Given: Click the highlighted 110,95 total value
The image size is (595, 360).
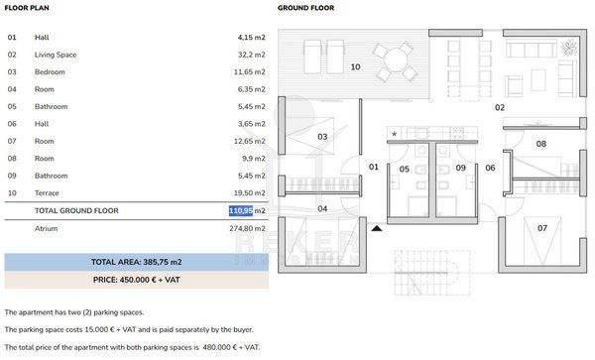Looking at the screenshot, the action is tap(241, 210).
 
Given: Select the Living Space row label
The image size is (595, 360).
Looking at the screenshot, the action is tap(56, 55).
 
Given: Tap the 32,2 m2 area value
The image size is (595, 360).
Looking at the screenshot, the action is tap(252, 55).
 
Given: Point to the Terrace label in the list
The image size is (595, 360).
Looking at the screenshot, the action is tap(47, 193).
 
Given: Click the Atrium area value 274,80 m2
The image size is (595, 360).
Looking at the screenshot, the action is tap(247, 228).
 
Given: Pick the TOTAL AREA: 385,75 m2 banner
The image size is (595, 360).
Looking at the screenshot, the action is tap(136, 262).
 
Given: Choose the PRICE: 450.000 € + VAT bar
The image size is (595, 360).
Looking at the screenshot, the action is tap(136, 280).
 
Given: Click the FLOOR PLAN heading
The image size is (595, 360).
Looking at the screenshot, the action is tap(27, 8).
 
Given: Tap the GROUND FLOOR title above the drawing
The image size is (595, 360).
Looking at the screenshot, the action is tap(305, 8).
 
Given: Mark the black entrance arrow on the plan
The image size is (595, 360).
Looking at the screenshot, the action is tap(377, 228).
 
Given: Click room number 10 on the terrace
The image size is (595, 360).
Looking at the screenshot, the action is tap(356, 66).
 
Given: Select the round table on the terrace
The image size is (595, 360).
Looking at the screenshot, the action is tap(396, 60).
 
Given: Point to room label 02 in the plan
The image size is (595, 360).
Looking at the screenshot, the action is tap(500, 108).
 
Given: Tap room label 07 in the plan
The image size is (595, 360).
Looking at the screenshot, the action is tap(542, 228).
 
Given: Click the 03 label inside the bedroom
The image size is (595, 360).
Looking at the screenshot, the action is tap(322, 137).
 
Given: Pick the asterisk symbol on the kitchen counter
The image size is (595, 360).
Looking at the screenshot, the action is tap(395, 134).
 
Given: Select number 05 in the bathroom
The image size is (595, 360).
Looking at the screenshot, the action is tap(405, 170).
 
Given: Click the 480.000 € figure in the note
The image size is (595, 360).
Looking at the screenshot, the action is tap(221, 347).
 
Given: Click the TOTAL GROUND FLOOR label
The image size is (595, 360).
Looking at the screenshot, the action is tap(76, 210).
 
